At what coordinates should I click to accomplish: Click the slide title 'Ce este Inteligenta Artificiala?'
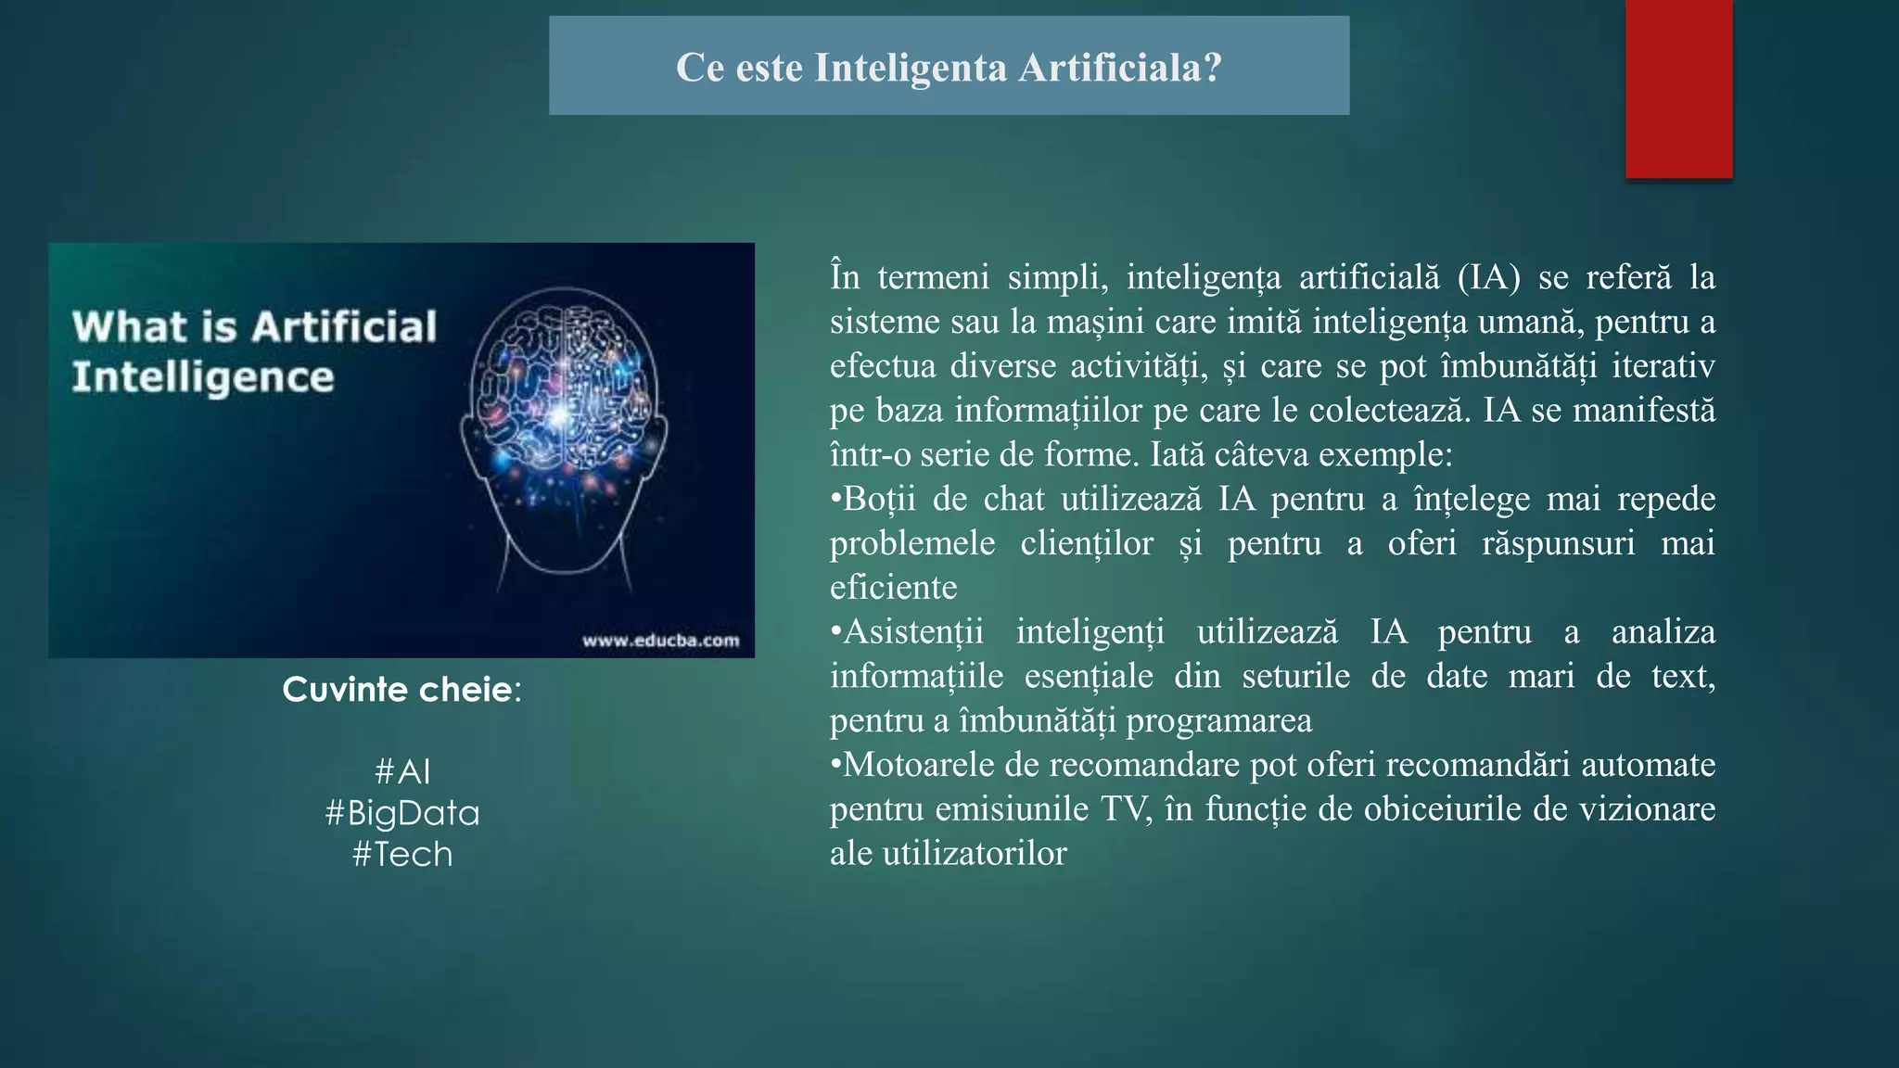pyautogui.click(x=949, y=67)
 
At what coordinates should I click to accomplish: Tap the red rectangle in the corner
pyautogui.click(x=1678, y=88)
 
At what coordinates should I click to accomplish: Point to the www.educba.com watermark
pyautogui.click(x=660, y=641)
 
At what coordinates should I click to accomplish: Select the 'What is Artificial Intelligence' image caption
pyautogui.click(x=253, y=351)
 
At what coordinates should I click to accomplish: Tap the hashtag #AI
pyautogui.click(x=402, y=771)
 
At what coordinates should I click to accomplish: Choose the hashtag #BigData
pyautogui.click(x=402, y=813)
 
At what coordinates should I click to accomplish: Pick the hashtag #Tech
pyautogui.click(x=402, y=854)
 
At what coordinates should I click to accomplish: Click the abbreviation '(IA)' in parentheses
pyautogui.click(x=1488, y=277)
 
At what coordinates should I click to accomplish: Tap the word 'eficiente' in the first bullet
pyautogui.click(x=893, y=588)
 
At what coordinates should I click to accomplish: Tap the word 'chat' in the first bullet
pyautogui.click(x=1014, y=499)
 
